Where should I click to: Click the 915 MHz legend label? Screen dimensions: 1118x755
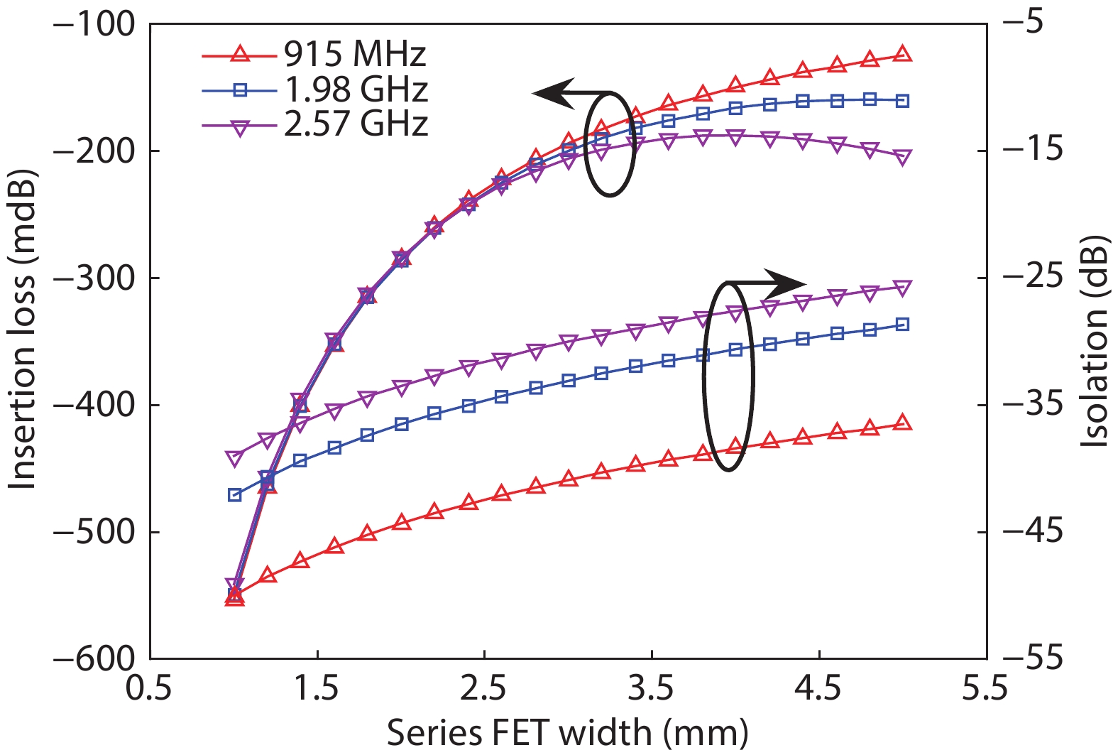pos(355,54)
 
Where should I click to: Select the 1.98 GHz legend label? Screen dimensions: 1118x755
pos(356,89)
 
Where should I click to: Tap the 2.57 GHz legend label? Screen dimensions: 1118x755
pos(356,124)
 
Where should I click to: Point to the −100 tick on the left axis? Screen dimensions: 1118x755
pos(94,23)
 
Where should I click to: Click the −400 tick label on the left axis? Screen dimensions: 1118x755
pos(94,405)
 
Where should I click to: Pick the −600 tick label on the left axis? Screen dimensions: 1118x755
pos(94,660)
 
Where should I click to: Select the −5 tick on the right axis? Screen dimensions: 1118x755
pos(1022,23)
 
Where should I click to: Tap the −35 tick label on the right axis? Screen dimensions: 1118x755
pos(1032,405)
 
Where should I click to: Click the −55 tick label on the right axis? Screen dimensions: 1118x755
pos(1032,660)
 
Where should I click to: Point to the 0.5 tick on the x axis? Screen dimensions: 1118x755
pos(149,688)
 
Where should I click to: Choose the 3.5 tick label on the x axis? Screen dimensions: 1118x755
pos(651,688)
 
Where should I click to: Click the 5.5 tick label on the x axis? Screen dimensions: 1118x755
pos(985,688)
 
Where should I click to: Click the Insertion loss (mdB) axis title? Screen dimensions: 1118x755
pos(21,330)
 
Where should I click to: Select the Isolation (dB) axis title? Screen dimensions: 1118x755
pos(1097,342)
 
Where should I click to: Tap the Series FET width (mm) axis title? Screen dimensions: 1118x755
pos(567,733)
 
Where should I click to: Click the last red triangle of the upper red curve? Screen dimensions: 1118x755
pos(902,53)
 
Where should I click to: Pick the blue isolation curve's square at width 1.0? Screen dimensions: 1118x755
pos(234,495)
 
